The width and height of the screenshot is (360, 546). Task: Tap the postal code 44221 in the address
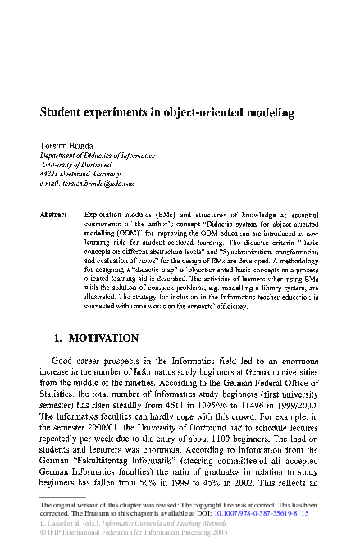click(x=52, y=175)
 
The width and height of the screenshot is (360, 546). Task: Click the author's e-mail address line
click(x=87, y=184)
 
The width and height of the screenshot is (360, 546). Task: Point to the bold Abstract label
click(x=53, y=214)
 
